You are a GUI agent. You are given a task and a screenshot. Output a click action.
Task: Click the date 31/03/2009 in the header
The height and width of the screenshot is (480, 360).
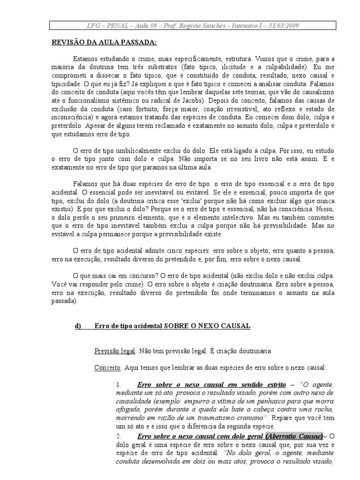point(284,25)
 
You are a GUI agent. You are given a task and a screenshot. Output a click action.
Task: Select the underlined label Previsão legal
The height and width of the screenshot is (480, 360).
point(115,351)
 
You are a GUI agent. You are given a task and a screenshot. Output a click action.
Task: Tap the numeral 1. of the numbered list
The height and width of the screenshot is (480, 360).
point(119,385)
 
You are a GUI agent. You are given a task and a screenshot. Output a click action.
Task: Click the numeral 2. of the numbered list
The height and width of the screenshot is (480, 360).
point(119,437)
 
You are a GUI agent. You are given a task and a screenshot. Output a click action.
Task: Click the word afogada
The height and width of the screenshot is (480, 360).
point(128,410)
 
